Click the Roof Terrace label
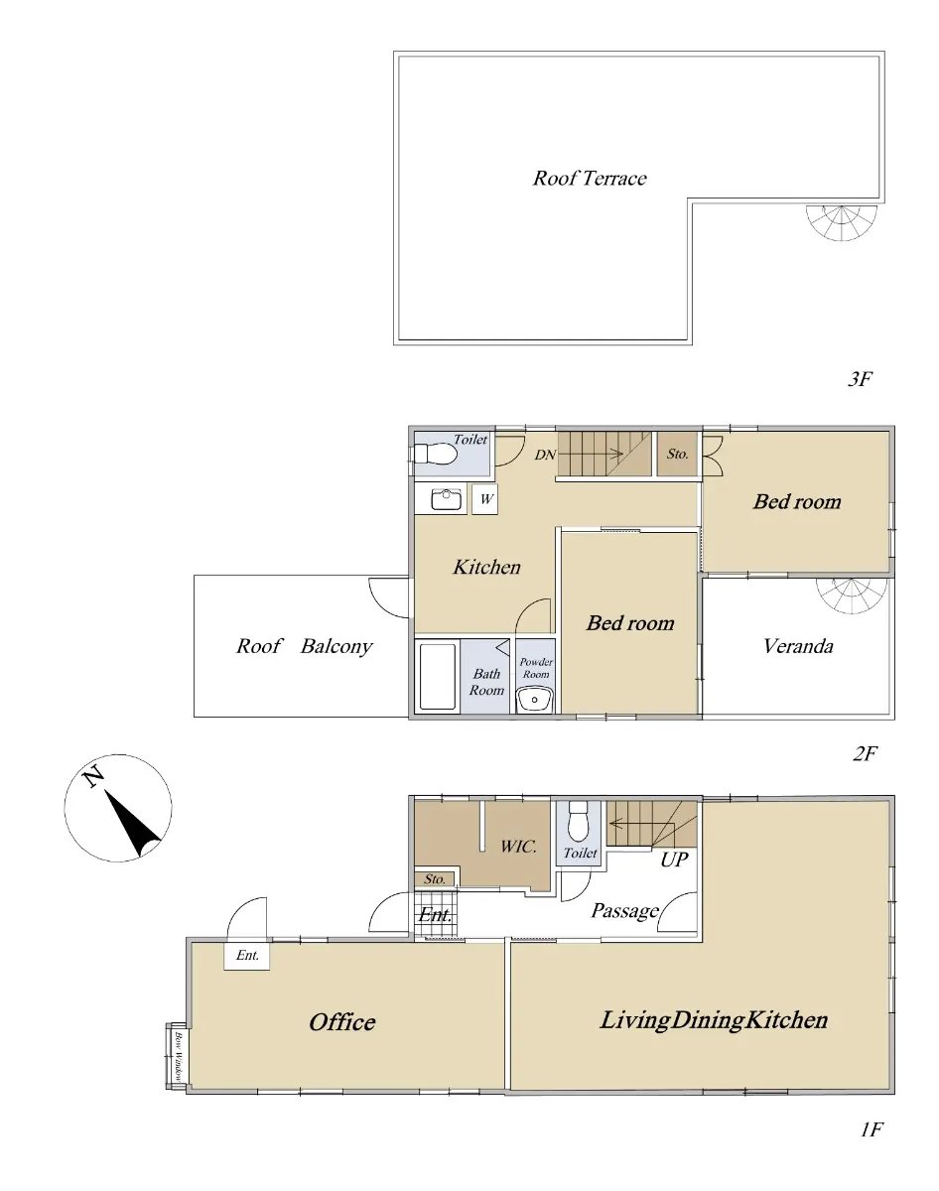[589, 179]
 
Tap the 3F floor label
[860, 379]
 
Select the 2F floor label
[865, 753]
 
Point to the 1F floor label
[872, 1129]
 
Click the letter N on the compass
[93, 776]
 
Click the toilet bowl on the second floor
[435, 454]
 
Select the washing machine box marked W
[485, 499]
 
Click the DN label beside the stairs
[545, 455]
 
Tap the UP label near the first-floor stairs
[674, 860]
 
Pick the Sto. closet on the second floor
[677, 454]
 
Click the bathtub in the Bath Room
[438, 676]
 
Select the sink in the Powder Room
[534, 700]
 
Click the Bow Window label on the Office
[179, 1056]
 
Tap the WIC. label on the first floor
[518, 847]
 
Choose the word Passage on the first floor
[624, 910]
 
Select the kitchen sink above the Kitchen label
[447, 499]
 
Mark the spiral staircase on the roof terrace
[842, 222]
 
